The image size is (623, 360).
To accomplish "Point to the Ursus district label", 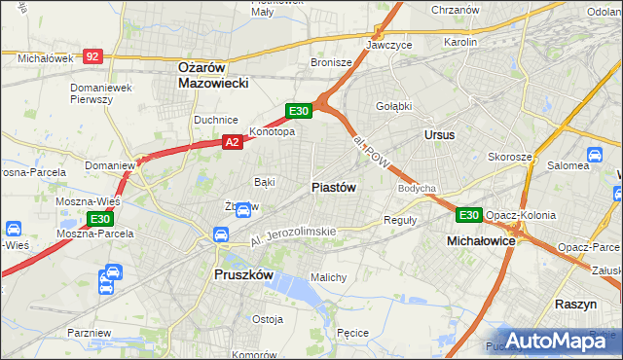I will coord(439,134).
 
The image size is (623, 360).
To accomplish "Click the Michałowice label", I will coord(481,239).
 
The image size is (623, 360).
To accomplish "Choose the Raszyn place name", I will coord(575,304).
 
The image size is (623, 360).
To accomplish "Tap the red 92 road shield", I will coord(92,57).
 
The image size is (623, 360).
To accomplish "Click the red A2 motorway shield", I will coord(232,142).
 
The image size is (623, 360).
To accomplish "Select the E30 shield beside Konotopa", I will coord(299,111).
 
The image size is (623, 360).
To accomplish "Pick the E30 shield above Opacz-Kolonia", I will coord(469,214).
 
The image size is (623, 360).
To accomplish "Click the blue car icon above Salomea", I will coord(593,154).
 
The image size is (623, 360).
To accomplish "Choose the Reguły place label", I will coord(400,220).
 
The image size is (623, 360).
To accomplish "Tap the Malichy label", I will coord(329,277).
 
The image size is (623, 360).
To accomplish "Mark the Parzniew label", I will coord(90,332).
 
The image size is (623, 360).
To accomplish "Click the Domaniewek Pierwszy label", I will coord(101,93).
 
